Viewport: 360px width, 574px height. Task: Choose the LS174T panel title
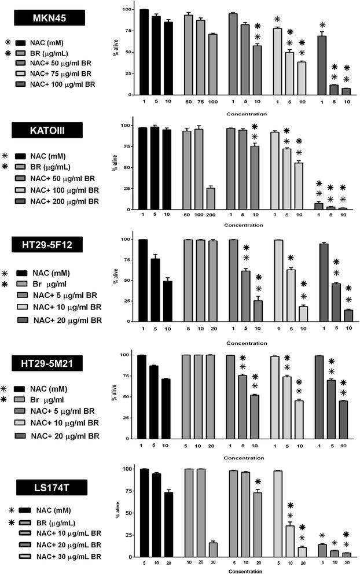click(x=50, y=487)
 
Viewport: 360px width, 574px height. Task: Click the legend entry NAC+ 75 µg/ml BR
click(x=60, y=73)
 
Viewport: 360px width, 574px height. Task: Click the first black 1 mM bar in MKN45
click(x=144, y=53)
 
